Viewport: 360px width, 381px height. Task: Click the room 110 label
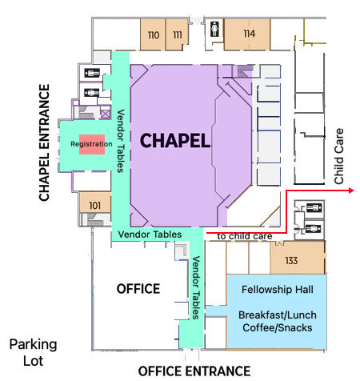[154, 35]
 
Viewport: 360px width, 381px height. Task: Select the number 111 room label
[178, 34]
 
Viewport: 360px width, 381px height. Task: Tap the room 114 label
[250, 34]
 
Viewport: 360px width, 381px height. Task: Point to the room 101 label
[94, 206]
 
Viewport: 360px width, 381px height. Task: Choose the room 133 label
[291, 260]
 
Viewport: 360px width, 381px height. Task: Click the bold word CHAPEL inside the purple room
[175, 141]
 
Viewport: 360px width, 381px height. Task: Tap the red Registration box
[92, 144]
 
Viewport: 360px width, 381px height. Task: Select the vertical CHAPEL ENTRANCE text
[44, 142]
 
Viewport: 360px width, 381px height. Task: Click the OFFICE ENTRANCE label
[194, 371]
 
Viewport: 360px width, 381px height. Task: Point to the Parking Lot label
[33, 352]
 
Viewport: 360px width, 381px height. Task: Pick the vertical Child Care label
[338, 156]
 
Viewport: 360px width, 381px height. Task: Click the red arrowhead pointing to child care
[351, 190]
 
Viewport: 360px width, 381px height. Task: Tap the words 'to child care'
[245, 236]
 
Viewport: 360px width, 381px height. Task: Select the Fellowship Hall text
[278, 290]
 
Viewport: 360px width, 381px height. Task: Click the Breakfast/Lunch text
[278, 315]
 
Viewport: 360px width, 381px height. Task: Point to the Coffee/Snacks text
[278, 327]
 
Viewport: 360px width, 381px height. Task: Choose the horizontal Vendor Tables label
[150, 235]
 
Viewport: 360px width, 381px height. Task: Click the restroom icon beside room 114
[214, 29]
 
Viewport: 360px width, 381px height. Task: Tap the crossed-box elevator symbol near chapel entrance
[106, 114]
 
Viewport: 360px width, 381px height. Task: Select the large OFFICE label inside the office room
[138, 289]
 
